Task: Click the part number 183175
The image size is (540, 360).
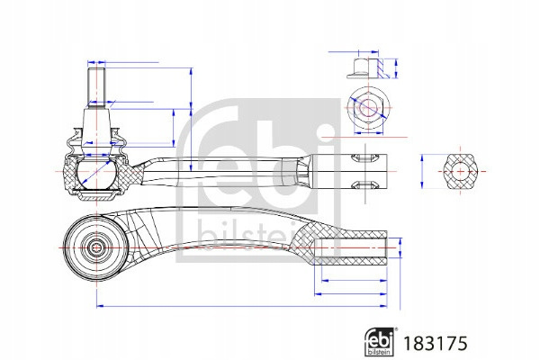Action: pos(436,344)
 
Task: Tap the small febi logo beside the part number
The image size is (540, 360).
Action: pos(379,342)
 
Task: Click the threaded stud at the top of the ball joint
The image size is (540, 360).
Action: pos(96,88)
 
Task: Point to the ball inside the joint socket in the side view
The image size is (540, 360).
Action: pos(96,173)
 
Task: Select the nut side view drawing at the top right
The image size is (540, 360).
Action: pos(368,68)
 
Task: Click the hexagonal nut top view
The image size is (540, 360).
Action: pos(368,107)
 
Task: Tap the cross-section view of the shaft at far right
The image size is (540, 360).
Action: pos(461,171)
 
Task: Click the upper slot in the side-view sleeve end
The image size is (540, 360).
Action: pos(363,158)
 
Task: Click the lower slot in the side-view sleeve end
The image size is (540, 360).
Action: pos(363,185)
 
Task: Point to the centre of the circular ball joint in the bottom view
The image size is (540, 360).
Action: pos(96,247)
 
